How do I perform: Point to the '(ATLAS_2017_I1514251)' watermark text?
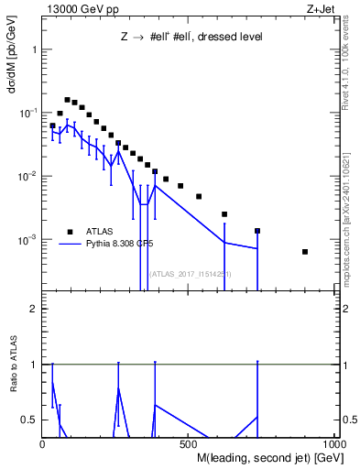pyautogui.click(x=191, y=273)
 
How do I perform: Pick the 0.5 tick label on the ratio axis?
pyautogui.click(x=29, y=420)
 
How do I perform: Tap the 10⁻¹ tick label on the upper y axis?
pyautogui.click(x=28, y=113)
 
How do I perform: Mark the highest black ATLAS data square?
pyautogui.click(x=67, y=100)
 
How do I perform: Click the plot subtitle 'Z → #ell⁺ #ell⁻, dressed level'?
pyautogui.click(x=191, y=38)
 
